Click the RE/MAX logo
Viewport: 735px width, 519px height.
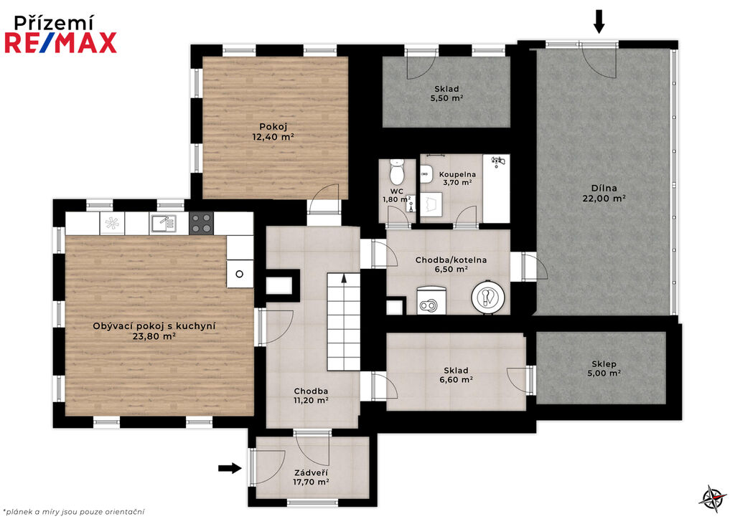coord(60,42)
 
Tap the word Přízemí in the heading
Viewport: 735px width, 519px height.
coord(53,22)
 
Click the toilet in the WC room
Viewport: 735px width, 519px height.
coord(396,172)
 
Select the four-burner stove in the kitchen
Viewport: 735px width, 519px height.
coord(201,223)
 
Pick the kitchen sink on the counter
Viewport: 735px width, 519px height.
coord(163,224)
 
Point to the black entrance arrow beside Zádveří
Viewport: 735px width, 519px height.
coord(230,467)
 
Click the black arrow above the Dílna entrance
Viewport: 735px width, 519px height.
coord(599,22)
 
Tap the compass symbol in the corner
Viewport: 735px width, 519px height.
coord(713,498)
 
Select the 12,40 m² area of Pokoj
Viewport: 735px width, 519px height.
coord(273,137)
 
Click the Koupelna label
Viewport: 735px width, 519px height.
coord(457,175)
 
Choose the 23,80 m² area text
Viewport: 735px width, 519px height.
coord(154,336)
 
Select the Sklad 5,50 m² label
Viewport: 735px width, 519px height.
coord(446,93)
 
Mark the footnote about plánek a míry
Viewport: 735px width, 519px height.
coord(74,512)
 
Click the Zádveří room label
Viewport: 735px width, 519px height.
coord(311,472)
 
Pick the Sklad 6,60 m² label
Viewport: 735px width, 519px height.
coord(456,375)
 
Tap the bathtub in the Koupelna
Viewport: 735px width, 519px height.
coord(496,189)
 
